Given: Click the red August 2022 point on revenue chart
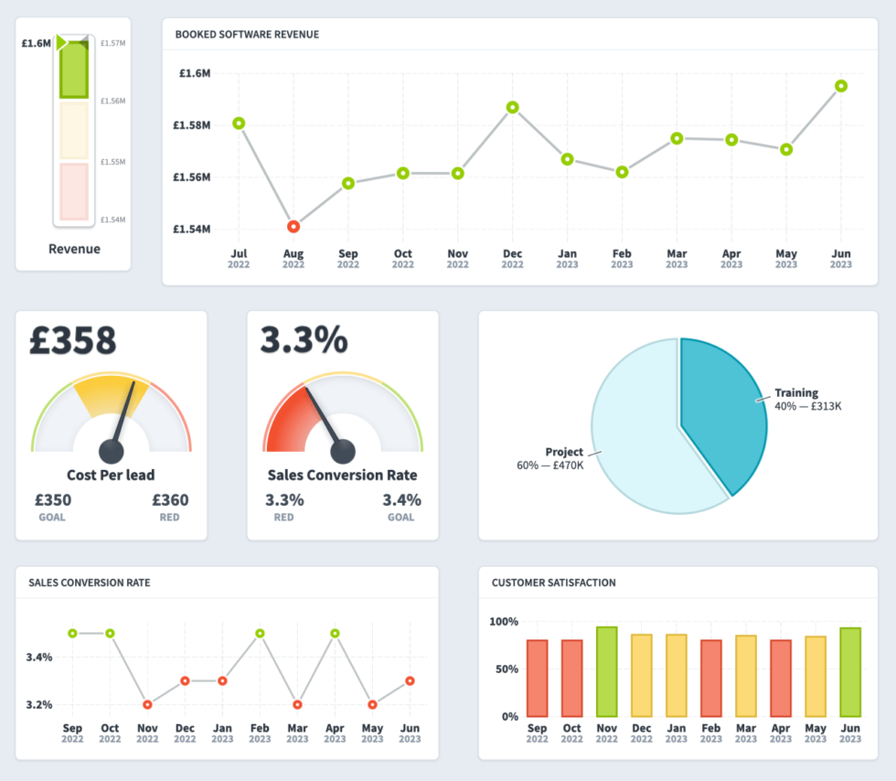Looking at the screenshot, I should click(x=293, y=226).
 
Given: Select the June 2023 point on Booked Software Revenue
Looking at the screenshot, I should click(x=841, y=86).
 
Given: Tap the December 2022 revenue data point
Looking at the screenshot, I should click(x=513, y=107).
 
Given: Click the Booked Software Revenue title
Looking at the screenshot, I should click(x=247, y=35).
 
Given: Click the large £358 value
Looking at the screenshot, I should click(x=73, y=340).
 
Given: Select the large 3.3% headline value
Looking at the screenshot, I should click(x=304, y=340).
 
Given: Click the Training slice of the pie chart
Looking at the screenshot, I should click(x=727, y=412).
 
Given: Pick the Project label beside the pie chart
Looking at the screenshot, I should click(x=564, y=452).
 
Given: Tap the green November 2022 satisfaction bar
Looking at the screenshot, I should click(x=606, y=671).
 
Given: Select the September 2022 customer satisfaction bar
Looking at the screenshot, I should click(x=537, y=678).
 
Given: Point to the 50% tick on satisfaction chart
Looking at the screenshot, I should click(x=505, y=669).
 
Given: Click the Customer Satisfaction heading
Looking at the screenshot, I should click(x=553, y=583).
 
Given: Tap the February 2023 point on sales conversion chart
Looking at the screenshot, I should click(x=260, y=633).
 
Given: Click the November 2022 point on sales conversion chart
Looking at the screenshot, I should click(x=147, y=704).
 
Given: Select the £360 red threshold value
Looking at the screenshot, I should click(x=170, y=500).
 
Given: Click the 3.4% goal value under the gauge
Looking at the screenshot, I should click(x=401, y=500).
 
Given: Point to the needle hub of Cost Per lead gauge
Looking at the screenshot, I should click(x=112, y=451).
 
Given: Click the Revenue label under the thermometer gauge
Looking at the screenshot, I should click(x=74, y=249).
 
